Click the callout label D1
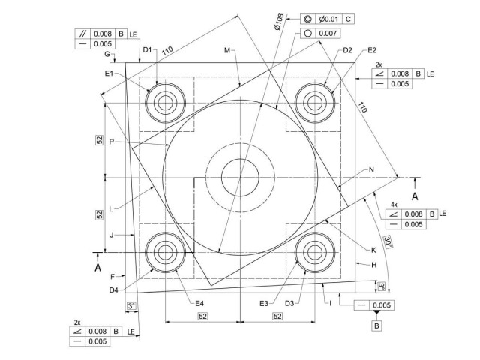(x=147, y=50)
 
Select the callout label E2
(x=372, y=50)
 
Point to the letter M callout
(x=226, y=50)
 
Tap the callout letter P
(x=111, y=141)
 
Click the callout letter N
(x=371, y=169)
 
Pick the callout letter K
(x=373, y=249)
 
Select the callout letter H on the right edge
(x=373, y=264)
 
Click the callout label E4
(x=199, y=302)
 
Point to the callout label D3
(x=290, y=302)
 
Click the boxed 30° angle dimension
(x=387, y=241)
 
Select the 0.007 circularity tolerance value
(x=328, y=34)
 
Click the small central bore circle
(x=240, y=178)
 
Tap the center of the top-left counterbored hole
(x=163, y=101)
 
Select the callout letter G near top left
(x=107, y=55)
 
